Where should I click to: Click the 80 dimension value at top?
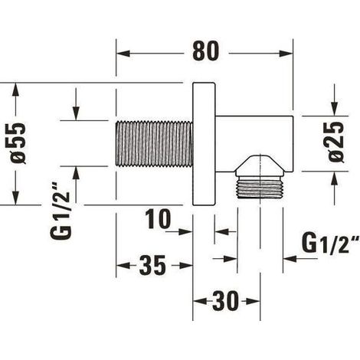click(x=205, y=51)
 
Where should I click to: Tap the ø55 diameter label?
click(x=18, y=143)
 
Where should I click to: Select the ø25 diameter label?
click(x=336, y=142)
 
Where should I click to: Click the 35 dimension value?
click(x=152, y=266)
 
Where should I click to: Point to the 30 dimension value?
click(x=226, y=301)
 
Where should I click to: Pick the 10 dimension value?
click(x=158, y=219)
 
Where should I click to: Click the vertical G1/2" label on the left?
click(x=61, y=211)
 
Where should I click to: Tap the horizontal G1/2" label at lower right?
click(x=331, y=244)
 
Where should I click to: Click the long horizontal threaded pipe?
click(x=154, y=144)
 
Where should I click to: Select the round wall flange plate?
click(x=204, y=144)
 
